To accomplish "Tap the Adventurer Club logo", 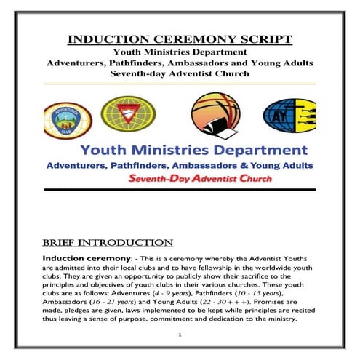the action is [x=64, y=116].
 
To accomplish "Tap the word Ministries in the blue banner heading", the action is [x=183, y=151].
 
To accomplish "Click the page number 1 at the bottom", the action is [x=178, y=335].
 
